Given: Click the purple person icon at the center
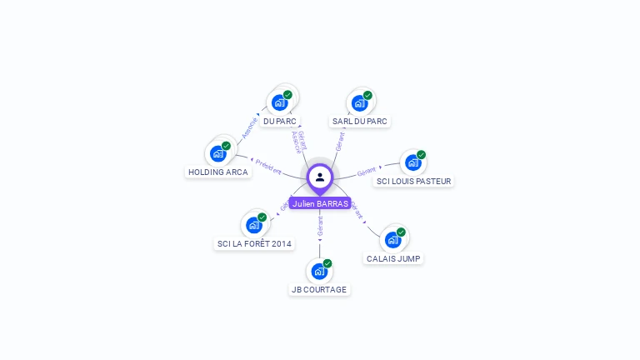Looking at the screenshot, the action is click(x=320, y=177).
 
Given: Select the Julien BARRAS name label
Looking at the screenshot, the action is click(x=320, y=203).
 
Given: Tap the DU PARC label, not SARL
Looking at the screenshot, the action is click(x=279, y=121).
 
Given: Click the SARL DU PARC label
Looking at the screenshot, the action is click(x=360, y=121).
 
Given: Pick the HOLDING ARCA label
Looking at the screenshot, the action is click(x=217, y=172).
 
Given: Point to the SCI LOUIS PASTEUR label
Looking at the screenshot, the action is click(x=413, y=181).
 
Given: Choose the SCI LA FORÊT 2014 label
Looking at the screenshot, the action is click(x=254, y=243).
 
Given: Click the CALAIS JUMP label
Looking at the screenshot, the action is click(x=393, y=258).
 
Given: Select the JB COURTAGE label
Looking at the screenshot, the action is click(x=319, y=289).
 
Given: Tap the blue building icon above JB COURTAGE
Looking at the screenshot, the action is click(x=318, y=271).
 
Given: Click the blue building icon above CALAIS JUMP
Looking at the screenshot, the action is click(x=392, y=240).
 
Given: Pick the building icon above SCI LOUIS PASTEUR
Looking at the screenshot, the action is click(x=412, y=162).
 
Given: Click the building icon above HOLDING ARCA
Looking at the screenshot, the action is click(x=217, y=153).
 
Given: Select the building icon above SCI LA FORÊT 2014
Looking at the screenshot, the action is click(x=253, y=225).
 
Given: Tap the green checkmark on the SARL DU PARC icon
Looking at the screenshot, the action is click(x=367, y=95).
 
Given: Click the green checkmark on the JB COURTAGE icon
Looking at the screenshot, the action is click(x=327, y=263).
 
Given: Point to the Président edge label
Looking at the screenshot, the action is click(x=268, y=166).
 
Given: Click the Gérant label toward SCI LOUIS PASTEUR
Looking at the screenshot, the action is click(x=367, y=172).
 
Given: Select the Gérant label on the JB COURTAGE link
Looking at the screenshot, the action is click(x=320, y=225).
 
